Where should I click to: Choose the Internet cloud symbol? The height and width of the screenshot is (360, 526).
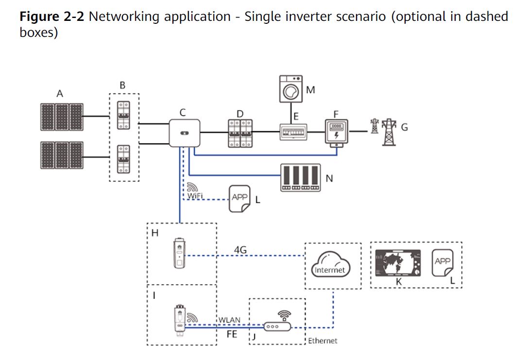point(329,265)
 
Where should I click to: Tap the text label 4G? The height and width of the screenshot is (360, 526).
point(240,250)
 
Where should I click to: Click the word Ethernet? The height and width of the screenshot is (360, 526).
point(322,341)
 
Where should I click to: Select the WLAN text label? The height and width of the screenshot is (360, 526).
point(229,320)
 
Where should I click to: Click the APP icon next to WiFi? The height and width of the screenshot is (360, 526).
point(239,198)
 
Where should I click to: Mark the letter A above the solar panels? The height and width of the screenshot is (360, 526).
point(60,94)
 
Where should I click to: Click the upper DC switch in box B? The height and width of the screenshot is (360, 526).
point(123,117)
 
